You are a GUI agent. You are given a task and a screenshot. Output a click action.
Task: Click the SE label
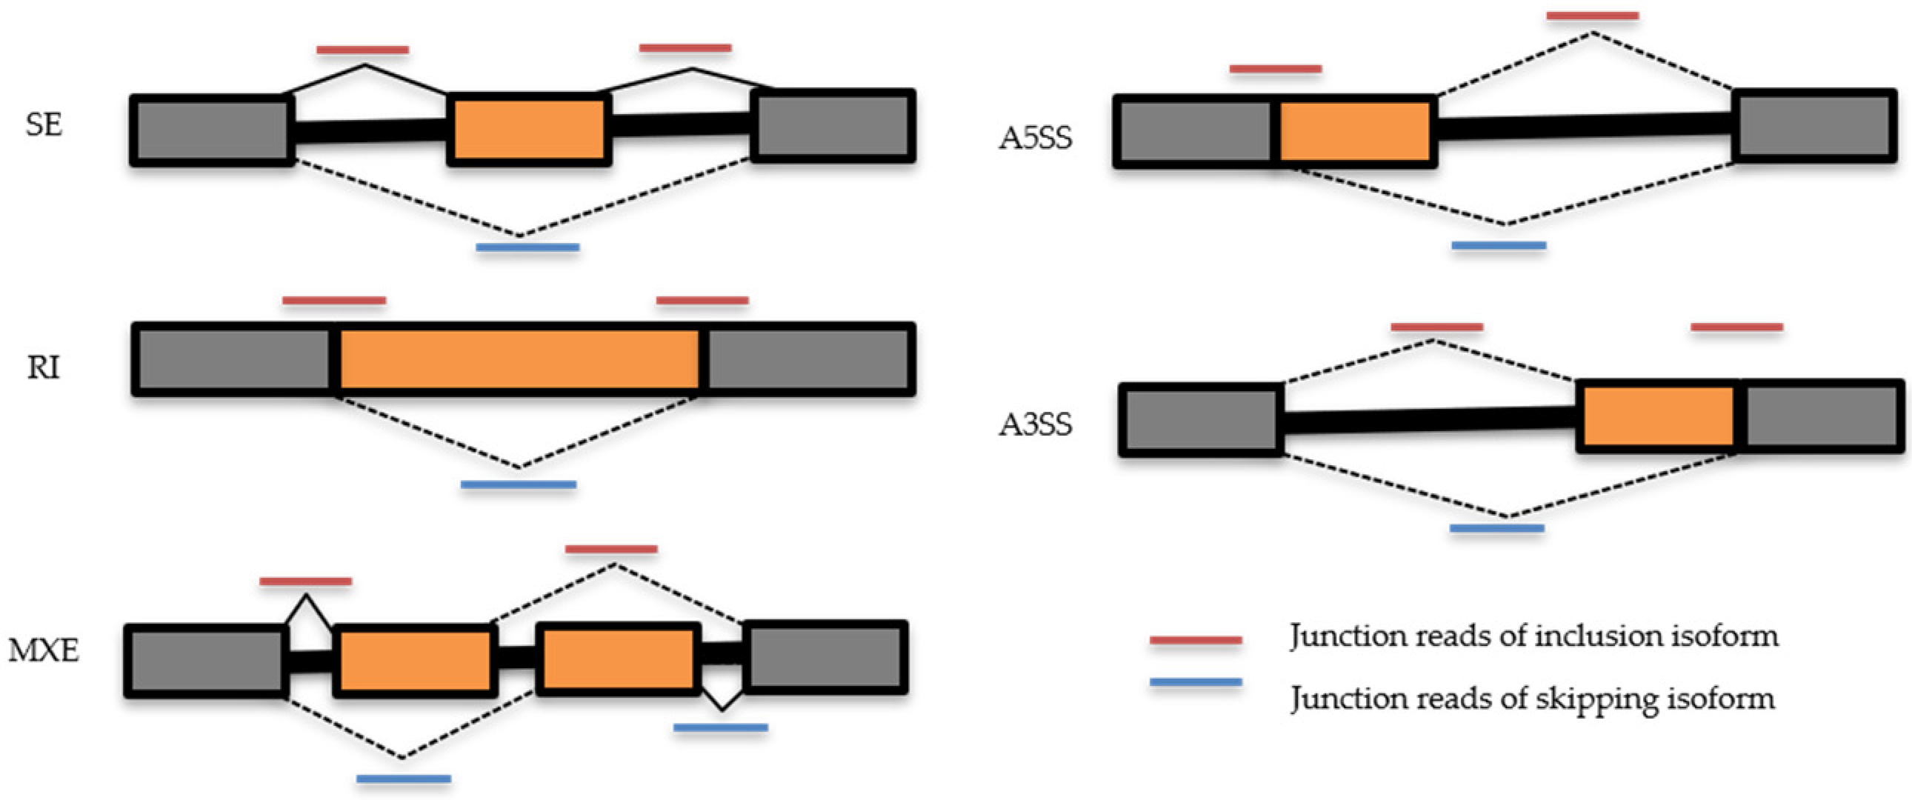click(44, 124)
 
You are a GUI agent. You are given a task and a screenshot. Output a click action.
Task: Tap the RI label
click(43, 367)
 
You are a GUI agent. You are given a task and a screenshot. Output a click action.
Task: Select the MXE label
click(44, 651)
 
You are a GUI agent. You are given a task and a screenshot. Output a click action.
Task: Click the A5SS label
click(1036, 138)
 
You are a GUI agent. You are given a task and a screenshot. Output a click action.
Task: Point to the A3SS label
click(1036, 424)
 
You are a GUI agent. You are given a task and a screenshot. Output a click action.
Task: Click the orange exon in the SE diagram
click(529, 130)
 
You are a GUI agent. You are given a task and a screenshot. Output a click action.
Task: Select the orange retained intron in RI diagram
click(519, 359)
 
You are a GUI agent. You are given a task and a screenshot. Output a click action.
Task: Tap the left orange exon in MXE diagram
click(415, 660)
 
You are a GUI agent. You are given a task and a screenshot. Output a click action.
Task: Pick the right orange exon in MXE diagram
click(618, 659)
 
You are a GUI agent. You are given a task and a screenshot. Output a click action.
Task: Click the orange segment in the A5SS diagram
click(1356, 131)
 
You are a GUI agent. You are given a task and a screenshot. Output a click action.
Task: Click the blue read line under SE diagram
click(527, 247)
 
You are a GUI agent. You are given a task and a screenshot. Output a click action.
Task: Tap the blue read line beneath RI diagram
click(518, 484)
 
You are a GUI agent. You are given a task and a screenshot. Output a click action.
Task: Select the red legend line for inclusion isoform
click(1195, 640)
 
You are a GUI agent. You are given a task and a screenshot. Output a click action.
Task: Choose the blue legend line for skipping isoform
click(1195, 681)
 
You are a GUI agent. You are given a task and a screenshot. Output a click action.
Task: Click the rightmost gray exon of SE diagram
click(833, 125)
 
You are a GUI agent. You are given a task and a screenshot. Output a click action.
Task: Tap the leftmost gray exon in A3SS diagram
click(1200, 420)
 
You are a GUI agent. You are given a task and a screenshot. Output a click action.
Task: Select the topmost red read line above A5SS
click(1592, 16)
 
